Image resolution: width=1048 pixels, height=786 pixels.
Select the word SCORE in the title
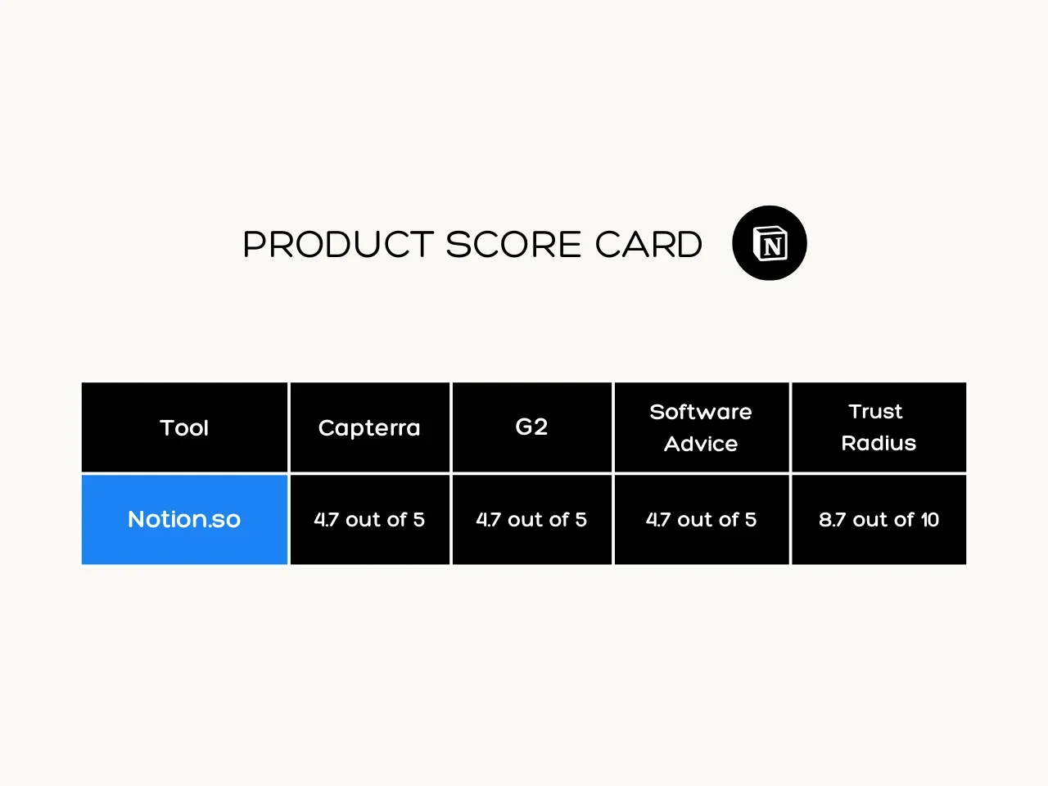[513, 244]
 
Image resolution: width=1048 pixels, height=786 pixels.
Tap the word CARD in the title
[648, 244]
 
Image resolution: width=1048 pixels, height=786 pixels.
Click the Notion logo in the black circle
[770, 243]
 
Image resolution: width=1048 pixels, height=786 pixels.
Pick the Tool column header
[184, 427]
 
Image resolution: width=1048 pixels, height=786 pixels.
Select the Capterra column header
[369, 427]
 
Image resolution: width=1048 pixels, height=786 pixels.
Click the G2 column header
[532, 427]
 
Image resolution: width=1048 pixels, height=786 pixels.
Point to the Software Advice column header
[702, 427]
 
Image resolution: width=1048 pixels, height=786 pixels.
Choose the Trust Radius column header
[879, 427]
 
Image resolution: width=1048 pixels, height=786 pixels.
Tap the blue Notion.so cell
[184, 520]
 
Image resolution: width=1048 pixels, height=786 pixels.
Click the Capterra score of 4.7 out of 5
[369, 520]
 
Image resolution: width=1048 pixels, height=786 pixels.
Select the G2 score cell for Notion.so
[532, 520]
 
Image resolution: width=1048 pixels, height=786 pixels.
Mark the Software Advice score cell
[702, 520]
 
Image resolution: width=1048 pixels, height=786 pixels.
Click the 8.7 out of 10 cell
[879, 520]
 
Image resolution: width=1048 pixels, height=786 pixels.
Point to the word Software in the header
[701, 412]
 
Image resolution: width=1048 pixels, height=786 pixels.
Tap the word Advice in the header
[701, 444]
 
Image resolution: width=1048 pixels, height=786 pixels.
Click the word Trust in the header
[875, 411]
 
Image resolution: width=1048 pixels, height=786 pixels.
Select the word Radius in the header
[879, 443]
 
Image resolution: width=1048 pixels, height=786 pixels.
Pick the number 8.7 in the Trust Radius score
[832, 520]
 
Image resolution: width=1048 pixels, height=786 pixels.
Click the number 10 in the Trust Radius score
[930, 520]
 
